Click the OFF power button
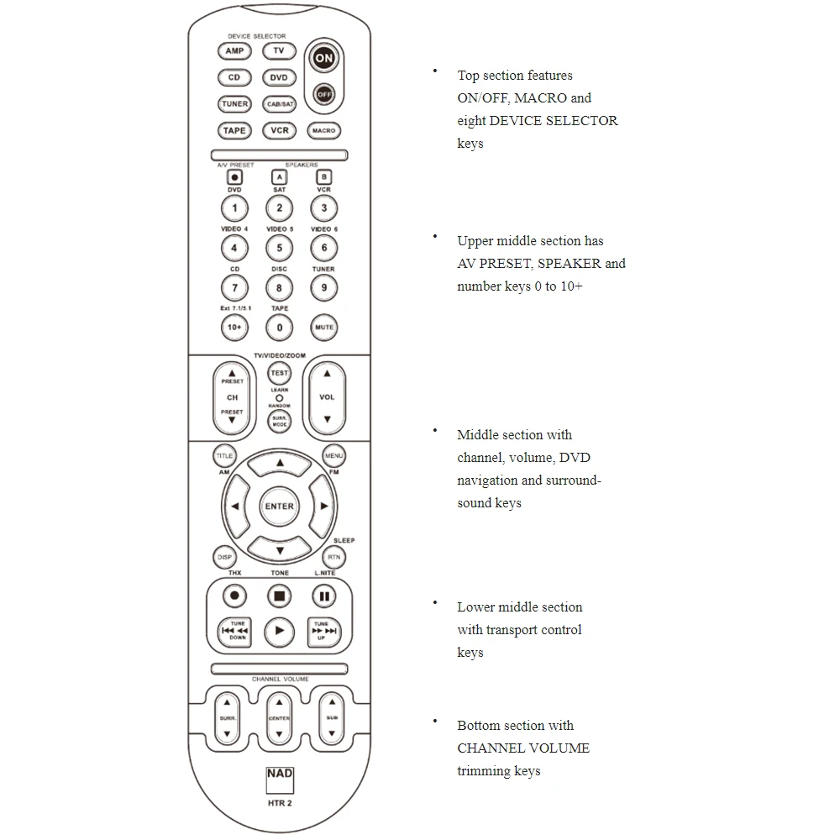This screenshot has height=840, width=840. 324,95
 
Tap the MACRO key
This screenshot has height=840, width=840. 324,131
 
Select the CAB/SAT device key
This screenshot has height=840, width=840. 280,104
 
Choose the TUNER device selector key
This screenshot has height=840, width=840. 234,104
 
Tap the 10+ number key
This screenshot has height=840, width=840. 234,328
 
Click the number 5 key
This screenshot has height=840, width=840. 280,248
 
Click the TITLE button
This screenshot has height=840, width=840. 223,456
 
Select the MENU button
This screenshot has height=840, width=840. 334,456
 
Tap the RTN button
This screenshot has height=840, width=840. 334,557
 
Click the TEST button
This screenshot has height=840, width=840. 280,373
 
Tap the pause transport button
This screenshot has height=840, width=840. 324,596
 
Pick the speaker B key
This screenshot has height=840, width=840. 324,177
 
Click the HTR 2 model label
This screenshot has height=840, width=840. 280,802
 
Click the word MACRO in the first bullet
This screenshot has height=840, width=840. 541,98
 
